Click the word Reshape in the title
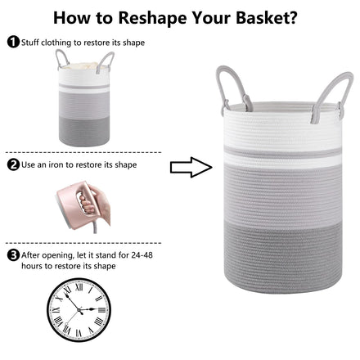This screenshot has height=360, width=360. tap(152, 18)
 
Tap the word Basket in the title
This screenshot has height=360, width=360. tap(263, 17)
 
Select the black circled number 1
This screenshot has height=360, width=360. tap(13, 42)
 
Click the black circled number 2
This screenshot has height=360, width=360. tap(13, 164)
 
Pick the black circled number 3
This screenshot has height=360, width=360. tap(13, 255)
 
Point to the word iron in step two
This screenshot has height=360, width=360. tap(56, 164)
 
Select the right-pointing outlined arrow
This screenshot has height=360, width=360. tap(191, 167)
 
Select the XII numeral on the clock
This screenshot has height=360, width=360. tap(79, 287)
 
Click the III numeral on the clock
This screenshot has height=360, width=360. tap(101, 309)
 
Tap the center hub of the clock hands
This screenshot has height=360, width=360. tap(79, 310)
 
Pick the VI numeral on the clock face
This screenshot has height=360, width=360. tap(79, 333)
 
